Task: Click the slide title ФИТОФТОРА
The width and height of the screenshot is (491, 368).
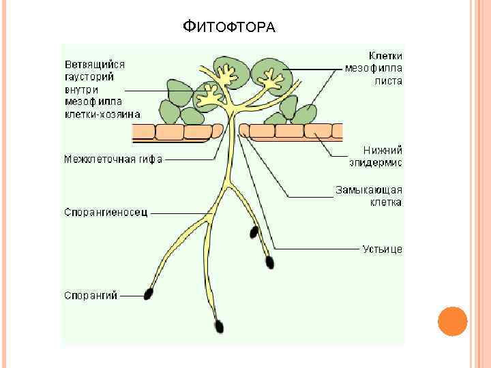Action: [229, 27]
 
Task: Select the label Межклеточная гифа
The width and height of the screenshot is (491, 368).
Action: [113, 160]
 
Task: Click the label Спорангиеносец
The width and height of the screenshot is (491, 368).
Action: [106, 212]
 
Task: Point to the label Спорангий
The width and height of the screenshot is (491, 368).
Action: [91, 295]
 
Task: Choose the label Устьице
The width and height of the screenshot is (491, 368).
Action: [382, 249]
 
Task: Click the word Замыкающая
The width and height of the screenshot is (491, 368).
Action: [368, 189]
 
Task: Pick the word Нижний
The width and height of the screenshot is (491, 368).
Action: [384, 150]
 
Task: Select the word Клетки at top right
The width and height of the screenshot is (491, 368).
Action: [385, 55]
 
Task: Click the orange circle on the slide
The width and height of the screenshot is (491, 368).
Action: [451, 322]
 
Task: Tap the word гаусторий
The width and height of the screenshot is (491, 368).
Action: [89, 77]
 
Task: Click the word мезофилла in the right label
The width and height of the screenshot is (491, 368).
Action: [373, 67]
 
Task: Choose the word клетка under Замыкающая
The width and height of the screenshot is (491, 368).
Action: [385, 202]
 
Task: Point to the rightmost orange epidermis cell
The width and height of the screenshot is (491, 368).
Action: [336, 131]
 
